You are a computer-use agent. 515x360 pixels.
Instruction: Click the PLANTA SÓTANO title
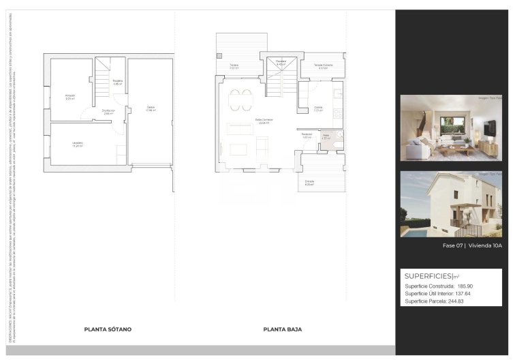[x=108, y=329]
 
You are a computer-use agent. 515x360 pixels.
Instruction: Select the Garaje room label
[x=151, y=108]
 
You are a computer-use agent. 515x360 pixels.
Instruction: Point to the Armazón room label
[x=70, y=96]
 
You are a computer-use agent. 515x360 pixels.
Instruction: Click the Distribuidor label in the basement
[x=108, y=111]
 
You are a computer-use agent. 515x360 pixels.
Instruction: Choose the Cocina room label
[x=318, y=108]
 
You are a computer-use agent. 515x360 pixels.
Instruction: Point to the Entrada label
[x=309, y=183]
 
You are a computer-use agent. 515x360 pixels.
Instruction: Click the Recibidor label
[x=307, y=135]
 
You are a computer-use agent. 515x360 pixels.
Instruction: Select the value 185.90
[x=465, y=286]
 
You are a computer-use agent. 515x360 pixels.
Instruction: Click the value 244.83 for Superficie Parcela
[x=456, y=301]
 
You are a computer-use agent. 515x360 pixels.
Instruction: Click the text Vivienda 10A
[x=484, y=245]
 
